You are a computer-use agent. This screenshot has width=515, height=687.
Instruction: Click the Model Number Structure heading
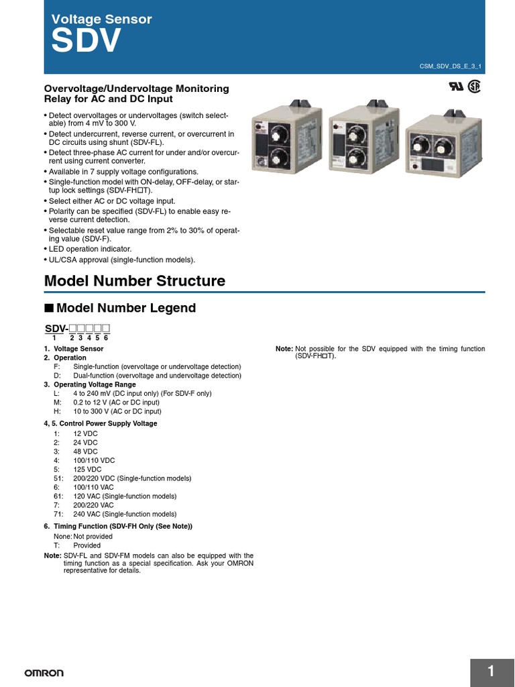tap(134, 281)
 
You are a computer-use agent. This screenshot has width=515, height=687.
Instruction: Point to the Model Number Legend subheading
tap(126, 308)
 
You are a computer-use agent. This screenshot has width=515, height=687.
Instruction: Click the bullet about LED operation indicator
tap(95, 249)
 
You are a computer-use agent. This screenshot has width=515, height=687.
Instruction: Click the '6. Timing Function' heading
tap(118, 526)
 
